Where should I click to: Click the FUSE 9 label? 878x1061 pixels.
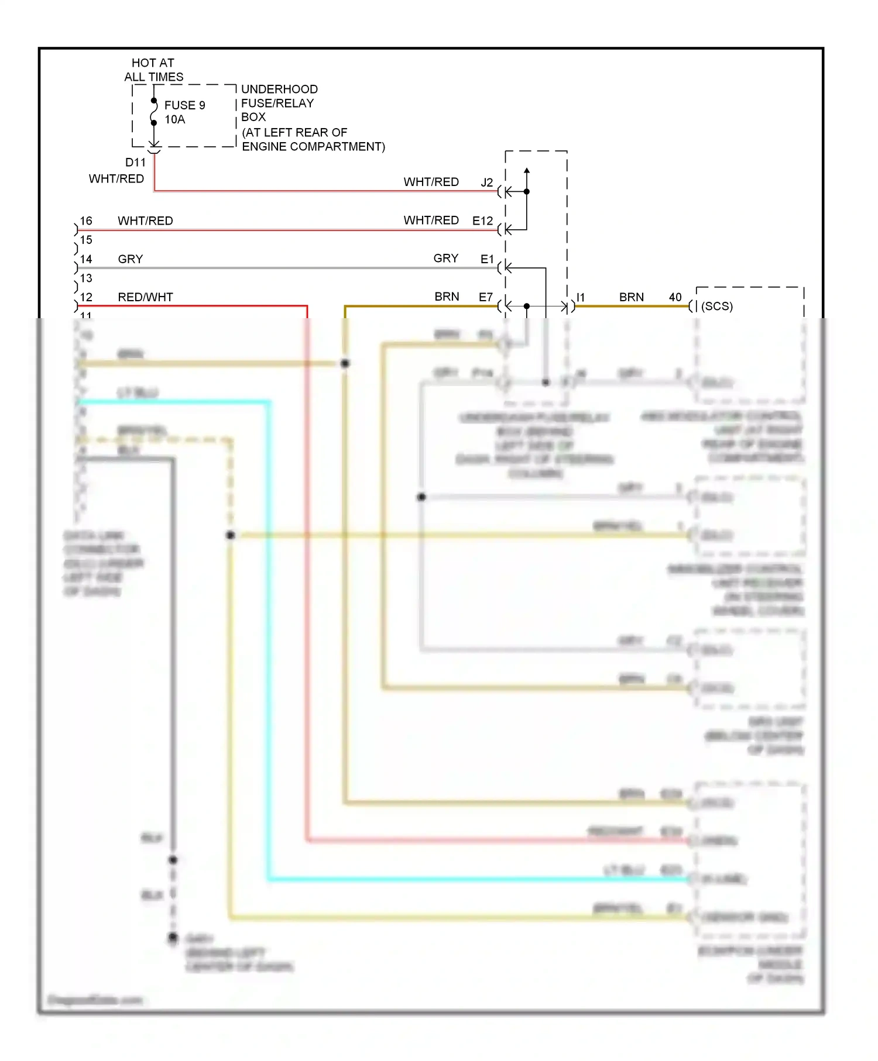tap(184, 105)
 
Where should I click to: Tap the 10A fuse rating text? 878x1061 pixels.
tap(174, 119)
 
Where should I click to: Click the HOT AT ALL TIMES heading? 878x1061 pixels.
tap(153, 70)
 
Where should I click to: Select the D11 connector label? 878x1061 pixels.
tap(135, 162)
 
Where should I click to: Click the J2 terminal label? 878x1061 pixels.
tap(487, 182)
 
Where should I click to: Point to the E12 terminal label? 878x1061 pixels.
tap(483, 221)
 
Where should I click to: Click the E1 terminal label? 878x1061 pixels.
tap(487, 259)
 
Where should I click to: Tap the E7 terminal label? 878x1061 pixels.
tap(486, 297)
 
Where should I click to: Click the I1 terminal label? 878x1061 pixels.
tap(581, 297)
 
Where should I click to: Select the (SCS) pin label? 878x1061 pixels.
tap(717, 306)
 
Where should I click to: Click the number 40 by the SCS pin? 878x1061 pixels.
tap(675, 297)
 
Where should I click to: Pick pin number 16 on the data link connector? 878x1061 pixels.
tap(86, 221)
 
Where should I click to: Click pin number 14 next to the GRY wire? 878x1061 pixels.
tap(86, 259)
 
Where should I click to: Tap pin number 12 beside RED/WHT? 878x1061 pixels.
tap(86, 297)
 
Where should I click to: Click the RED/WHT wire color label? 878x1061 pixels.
tap(145, 297)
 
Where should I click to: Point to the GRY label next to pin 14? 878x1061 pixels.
tap(130, 259)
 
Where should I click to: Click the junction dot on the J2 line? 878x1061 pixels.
tap(527, 191)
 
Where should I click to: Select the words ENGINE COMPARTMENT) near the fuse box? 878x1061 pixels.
tap(313, 147)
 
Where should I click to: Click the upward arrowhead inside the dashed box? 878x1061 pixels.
tap(527, 170)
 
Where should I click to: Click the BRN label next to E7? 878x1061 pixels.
tap(447, 297)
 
